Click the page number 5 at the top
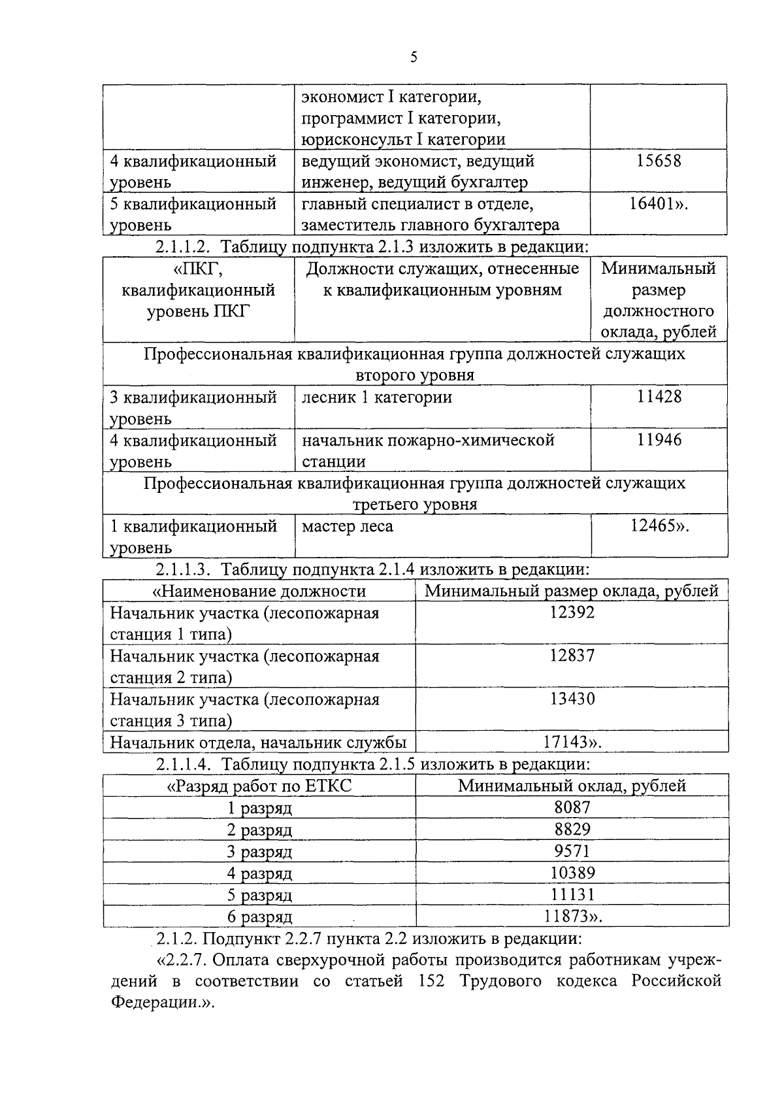click(413, 57)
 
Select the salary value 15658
click(659, 161)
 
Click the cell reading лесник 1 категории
click(376, 397)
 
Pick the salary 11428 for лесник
click(659, 397)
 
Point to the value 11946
click(659, 440)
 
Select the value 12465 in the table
click(655, 526)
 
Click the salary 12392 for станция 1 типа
click(572, 613)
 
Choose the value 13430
click(572, 699)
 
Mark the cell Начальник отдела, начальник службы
click(258, 743)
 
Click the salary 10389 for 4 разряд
click(572, 873)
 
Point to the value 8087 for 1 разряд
click(572, 807)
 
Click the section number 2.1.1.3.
click(182, 569)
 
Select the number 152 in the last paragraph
click(431, 981)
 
